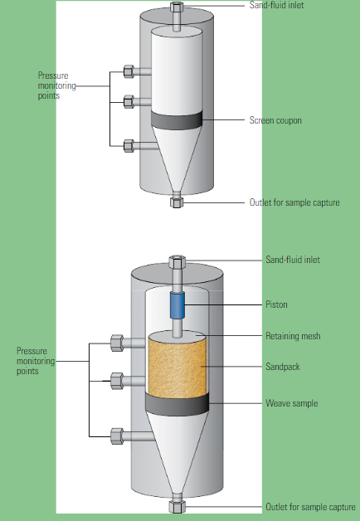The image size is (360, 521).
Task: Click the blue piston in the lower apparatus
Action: click(x=178, y=305)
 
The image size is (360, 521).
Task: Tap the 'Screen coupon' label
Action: click(x=275, y=120)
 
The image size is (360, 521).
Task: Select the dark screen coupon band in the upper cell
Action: click(x=177, y=120)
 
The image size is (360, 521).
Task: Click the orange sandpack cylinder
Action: click(x=178, y=364)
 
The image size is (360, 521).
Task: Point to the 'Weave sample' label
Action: click(x=292, y=403)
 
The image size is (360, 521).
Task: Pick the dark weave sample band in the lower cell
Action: click(x=178, y=404)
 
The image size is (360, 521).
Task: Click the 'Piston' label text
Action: click(x=276, y=304)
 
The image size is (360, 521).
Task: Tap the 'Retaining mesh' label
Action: click(x=293, y=336)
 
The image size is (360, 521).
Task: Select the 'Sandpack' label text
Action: click(x=283, y=367)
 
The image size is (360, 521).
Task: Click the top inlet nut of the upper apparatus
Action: click(x=177, y=7)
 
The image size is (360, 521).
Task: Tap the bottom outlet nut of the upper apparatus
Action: click(x=177, y=202)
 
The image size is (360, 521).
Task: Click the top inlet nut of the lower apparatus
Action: click(x=177, y=262)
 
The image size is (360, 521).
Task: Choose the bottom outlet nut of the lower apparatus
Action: click(x=177, y=507)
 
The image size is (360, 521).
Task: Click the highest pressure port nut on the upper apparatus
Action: click(x=129, y=71)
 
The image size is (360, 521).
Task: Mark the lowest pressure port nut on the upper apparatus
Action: click(x=129, y=146)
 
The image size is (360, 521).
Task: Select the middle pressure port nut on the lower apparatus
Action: click(x=117, y=381)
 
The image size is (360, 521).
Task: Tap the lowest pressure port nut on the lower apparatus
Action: click(x=117, y=436)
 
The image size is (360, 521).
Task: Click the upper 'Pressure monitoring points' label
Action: click(x=56, y=85)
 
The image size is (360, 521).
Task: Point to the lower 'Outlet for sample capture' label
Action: click(x=310, y=507)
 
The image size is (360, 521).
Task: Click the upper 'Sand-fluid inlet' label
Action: click(x=277, y=5)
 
